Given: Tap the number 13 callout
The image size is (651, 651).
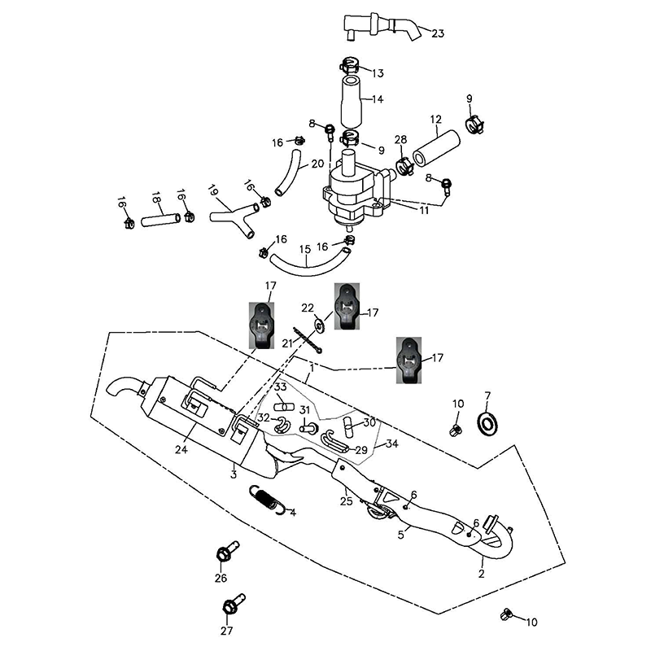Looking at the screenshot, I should pyautogui.click(x=378, y=73).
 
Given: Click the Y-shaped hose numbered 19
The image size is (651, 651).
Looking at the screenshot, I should pyautogui.click(x=231, y=216).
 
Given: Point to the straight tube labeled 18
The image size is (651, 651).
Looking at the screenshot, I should pyautogui.click(x=159, y=220).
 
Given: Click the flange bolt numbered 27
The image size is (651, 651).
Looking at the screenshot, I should pyautogui.click(x=232, y=605).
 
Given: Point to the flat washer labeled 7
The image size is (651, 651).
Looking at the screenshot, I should pyautogui.click(x=488, y=422).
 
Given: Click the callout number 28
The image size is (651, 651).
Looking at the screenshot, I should pyautogui.click(x=400, y=140).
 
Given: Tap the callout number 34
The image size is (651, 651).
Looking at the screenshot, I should pyautogui.click(x=392, y=443).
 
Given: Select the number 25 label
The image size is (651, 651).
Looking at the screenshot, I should pyautogui.click(x=346, y=501).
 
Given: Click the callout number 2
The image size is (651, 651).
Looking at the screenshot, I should pyautogui.click(x=482, y=573).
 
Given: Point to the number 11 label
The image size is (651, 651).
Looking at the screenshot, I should pyautogui.click(x=424, y=210).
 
